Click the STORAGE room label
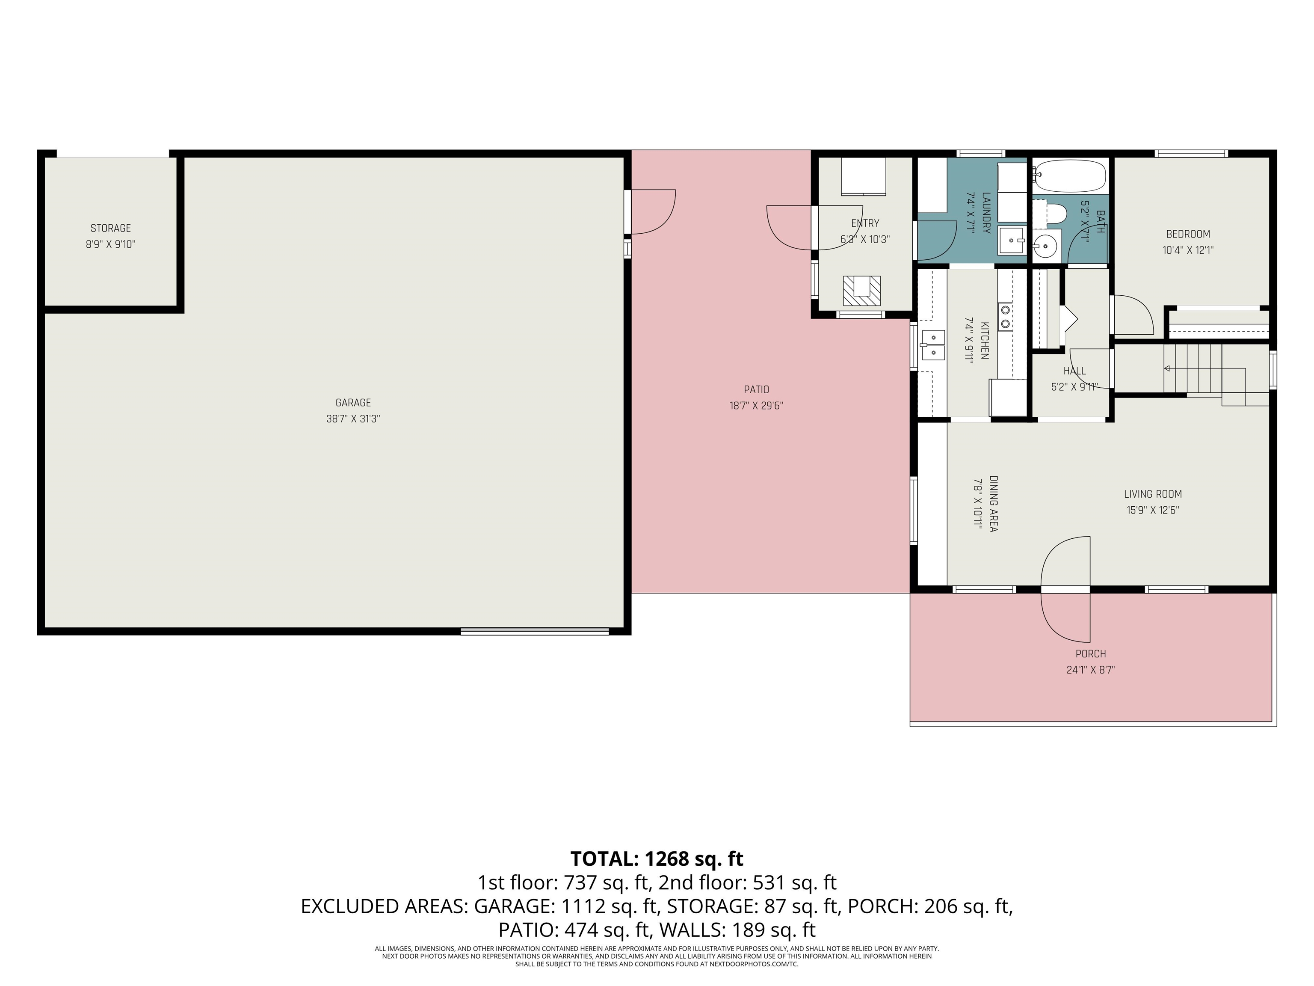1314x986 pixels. tap(110, 228)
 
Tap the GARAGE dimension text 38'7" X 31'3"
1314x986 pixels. tap(353, 419)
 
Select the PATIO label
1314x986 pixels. tap(756, 390)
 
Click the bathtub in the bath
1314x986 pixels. tap(1070, 176)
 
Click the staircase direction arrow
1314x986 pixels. tap(1167, 368)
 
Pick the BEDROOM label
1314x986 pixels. tap(1187, 234)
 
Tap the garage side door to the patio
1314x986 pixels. tap(651, 212)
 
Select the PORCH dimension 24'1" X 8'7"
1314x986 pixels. tap(1091, 670)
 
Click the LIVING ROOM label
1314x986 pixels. tap(1152, 494)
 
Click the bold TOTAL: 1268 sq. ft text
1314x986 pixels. tap(657, 859)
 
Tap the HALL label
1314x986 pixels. tap(1074, 371)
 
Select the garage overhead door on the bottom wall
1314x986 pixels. tap(535, 631)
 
